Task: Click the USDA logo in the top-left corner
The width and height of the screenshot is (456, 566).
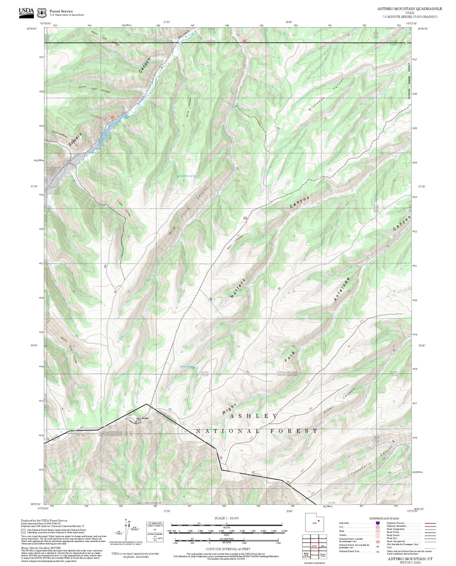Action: [26, 12]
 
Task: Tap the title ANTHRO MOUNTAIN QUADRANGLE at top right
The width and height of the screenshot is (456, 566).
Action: [409, 9]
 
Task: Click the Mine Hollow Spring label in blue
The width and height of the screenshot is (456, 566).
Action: [187, 176]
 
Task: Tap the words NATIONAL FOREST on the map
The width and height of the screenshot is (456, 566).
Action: [256, 431]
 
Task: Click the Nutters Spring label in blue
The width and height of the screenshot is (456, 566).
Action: [186, 367]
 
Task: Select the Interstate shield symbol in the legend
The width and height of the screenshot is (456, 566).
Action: [378, 523]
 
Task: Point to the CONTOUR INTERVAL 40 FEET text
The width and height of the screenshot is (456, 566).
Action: [228, 549]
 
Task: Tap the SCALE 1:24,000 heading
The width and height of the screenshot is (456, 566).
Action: [226, 518]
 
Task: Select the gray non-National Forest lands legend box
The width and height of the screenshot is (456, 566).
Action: [23, 532]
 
